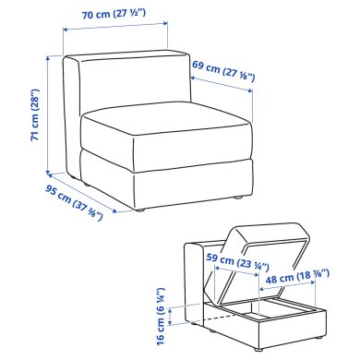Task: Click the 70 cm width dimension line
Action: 117,30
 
